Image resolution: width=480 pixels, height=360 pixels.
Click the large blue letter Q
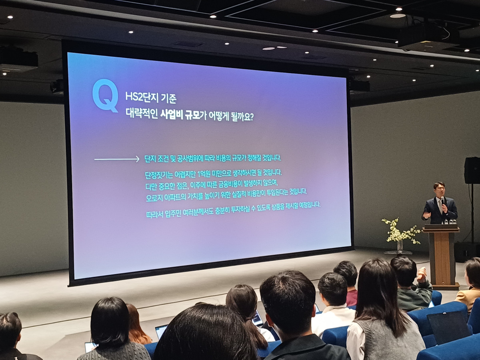pyautogui.click(x=105, y=95)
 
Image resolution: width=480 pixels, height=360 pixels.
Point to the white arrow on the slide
pyautogui.click(x=117, y=160)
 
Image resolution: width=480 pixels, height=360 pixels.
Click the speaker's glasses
pyautogui.click(x=440, y=188)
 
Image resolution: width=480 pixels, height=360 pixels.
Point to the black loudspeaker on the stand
pyautogui.click(x=472, y=170)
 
